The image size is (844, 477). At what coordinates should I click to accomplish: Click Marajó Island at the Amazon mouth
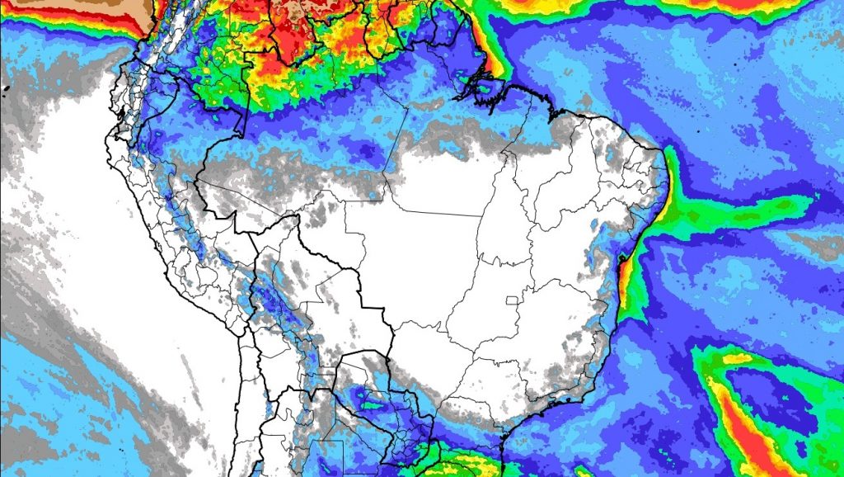coord(484,88)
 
